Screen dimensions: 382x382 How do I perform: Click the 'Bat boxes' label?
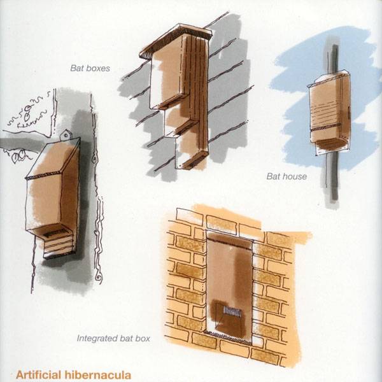[90, 68]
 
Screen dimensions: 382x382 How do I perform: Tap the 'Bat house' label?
[286, 176]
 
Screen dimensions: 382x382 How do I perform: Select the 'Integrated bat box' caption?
[113, 339]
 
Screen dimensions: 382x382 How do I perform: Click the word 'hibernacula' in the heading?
[97, 375]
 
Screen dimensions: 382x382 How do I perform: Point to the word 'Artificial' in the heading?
[38, 375]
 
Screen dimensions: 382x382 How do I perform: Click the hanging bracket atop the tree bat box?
[66, 135]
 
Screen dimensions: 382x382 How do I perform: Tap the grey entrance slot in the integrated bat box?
[232, 311]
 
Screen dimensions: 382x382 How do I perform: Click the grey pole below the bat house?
[333, 178]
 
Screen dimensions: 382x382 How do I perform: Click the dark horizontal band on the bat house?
[326, 127]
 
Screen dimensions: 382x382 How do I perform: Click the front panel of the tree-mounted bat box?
[44, 202]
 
